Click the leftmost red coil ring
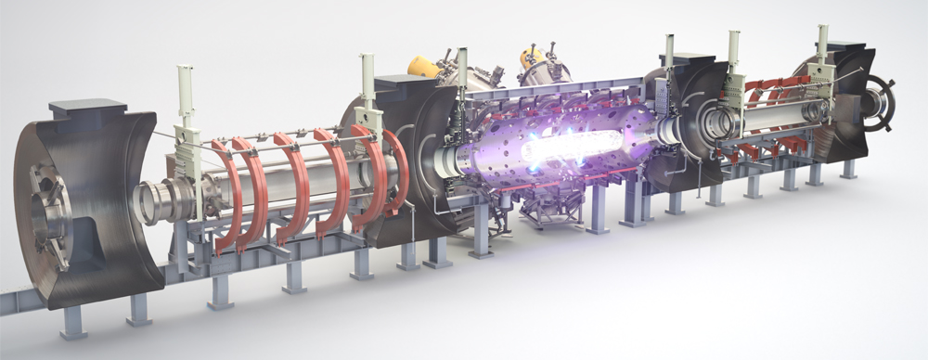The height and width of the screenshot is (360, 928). coord(226,190)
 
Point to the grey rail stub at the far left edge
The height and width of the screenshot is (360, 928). coord(14,302)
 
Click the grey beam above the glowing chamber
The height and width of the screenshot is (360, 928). coord(557,89)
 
